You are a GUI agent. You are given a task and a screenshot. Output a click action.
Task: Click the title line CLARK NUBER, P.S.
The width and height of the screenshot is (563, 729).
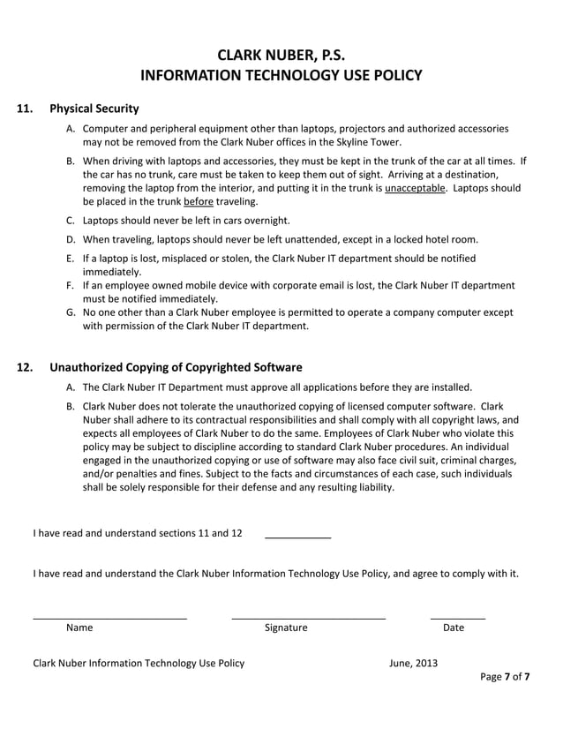[x=281, y=52]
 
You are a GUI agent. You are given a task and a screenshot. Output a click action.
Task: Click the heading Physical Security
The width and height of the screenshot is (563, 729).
[x=94, y=109]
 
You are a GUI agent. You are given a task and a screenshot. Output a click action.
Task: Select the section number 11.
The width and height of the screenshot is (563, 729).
[x=26, y=109]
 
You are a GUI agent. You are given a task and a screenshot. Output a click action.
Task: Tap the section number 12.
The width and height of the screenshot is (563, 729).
[x=26, y=367]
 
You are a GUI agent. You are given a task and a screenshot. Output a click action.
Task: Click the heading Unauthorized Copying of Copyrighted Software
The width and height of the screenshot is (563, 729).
[x=176, y=367]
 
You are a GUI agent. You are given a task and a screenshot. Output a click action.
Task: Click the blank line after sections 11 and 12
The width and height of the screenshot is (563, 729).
[x=297, y=537]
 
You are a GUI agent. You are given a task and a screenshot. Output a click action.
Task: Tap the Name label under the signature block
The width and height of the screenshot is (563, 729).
[x=79, y=628]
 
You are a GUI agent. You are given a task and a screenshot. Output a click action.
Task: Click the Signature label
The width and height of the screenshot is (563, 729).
[x=286, y=628]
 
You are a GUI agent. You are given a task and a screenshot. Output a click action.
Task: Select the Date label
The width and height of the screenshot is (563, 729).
[x=454, y=628]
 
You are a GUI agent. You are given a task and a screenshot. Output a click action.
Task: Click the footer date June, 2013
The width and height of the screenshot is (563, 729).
[x=412, y=663]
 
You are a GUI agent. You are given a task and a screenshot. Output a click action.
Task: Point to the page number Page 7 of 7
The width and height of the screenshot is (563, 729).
[x=505, y=677]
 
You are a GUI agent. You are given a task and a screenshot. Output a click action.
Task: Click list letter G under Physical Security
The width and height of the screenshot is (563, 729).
[x=71, y=312]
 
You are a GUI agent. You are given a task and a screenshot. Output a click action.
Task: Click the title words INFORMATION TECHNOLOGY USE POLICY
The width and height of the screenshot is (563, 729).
[x=281, y=75]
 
